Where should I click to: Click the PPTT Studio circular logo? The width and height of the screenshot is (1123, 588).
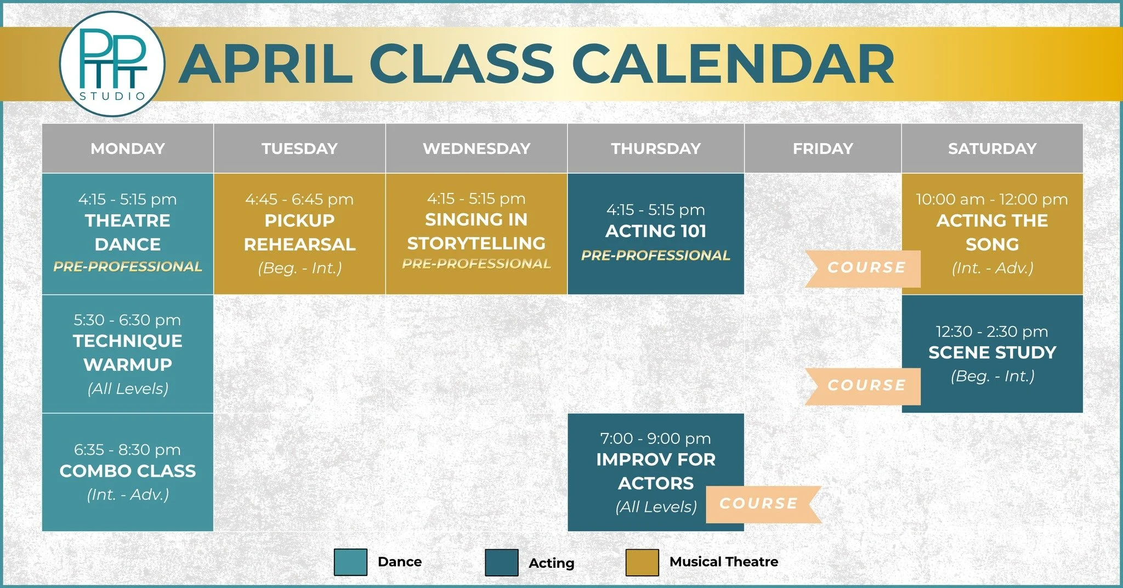tap(112, 64)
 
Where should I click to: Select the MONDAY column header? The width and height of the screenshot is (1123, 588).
tap(128, 149)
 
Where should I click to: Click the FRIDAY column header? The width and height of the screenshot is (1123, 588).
tap(823, 149)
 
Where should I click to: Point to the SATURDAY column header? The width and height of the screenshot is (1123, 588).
tap(992, 149)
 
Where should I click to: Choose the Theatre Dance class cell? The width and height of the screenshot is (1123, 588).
tap(128, 233)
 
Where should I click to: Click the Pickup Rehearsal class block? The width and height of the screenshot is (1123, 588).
tap(299, 233)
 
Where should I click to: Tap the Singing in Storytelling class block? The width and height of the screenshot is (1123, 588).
tap(476, 233)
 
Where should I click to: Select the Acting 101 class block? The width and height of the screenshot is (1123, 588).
tap(656, 233)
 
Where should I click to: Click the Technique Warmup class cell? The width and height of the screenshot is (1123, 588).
tap(128, 354)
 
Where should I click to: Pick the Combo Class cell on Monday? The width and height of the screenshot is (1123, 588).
tap(128, 472)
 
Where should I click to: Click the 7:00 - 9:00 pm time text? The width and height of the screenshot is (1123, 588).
tap(655, 438)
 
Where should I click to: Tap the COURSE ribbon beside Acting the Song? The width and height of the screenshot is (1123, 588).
tap(865, 268)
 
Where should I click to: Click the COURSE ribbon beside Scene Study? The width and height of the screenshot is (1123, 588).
tap(865, 386)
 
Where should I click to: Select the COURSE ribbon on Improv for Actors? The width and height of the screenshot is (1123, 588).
tap(760, 504)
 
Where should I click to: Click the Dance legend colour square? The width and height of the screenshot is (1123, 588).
tap(350, 562)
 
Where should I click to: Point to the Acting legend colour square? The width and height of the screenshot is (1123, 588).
tap(501, 563)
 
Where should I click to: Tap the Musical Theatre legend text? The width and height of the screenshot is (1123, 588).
tap(723, 562)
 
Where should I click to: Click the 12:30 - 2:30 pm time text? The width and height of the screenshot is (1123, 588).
tap(991, 332)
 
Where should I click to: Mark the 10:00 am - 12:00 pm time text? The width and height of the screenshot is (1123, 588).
tap(991, 199)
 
